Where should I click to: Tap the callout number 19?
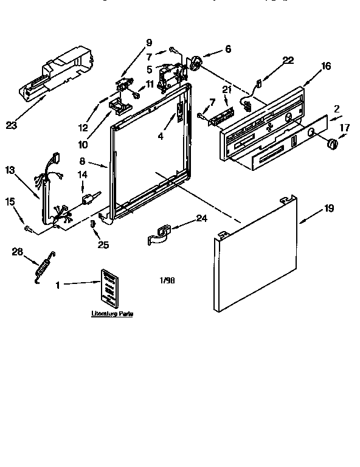point(328,208)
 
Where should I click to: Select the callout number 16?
point(326,66)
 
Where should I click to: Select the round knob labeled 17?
point(332,144)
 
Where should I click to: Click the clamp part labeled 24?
point(159,234)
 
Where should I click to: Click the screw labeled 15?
point(28,228)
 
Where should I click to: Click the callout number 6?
point(227,49)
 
